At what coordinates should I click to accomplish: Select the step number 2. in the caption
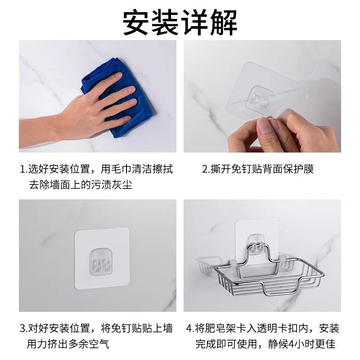206,169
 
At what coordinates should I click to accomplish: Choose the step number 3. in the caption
23,328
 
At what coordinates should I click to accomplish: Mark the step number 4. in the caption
190,328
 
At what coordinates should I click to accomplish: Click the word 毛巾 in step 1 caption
120,169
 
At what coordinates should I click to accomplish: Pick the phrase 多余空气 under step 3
89,344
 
